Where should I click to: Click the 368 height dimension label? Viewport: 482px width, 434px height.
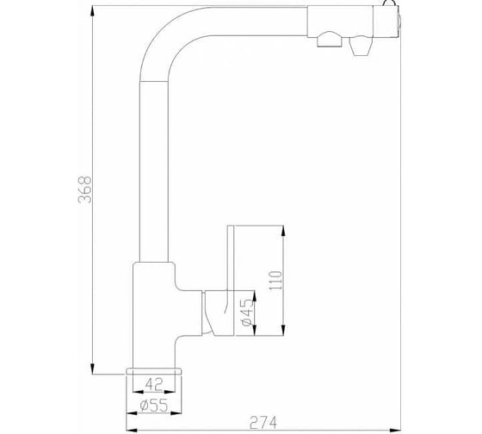pyautogui.click(x=85, y=189)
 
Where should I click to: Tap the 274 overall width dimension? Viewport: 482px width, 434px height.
pyautogui.click(x=263, y=422)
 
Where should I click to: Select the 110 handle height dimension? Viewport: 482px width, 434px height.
pyautogui.click(x=275, y=280)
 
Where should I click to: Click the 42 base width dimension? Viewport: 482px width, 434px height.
pyautogui.click(x=154, y=384)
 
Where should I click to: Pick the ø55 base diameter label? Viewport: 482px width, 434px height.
pyautogui.click(x=154, y=405)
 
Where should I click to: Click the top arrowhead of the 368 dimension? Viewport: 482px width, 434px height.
pyautogui.click(x=92, y=12)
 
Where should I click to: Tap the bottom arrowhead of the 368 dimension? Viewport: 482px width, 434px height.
pyautogui.click(x=92, y=368)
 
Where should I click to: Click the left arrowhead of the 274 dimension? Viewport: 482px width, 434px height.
pyautogui.click(x=133, y=430)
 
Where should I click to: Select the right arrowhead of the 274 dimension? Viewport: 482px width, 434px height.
pyautogui.click(x=395, y=430)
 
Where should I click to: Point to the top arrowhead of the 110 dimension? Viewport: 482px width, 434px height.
pyautogui.click(x=283, y=232)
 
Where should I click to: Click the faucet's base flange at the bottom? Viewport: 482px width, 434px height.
pyautogui.click(x=154, y=371)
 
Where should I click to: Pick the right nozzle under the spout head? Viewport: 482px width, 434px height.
pyautogui.click(x=361, y=46)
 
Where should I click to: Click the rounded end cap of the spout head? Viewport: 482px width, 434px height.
pyautogui.click(x=399, y=22)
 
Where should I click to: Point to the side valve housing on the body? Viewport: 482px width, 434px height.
pyautogui.click(x=219, y=313)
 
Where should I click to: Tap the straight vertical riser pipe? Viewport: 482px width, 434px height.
pyautogui.click(x=154, y=171)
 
